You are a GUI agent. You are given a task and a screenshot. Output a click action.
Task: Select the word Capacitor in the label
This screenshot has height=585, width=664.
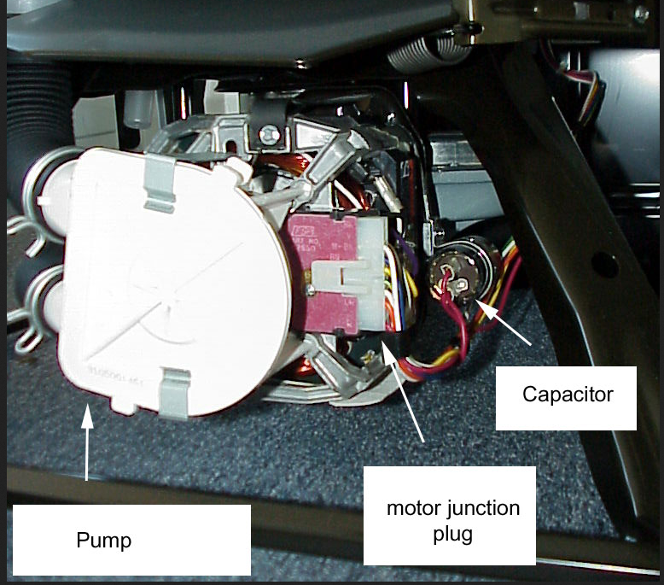click(x=567, y=394)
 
